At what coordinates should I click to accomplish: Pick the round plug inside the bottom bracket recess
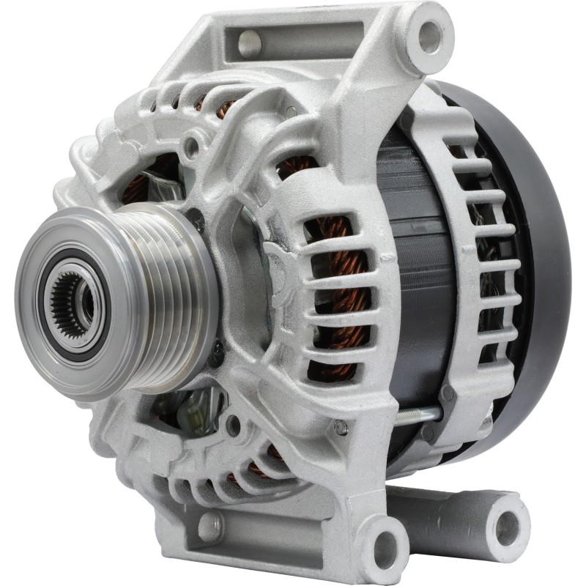coord(209,525)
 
